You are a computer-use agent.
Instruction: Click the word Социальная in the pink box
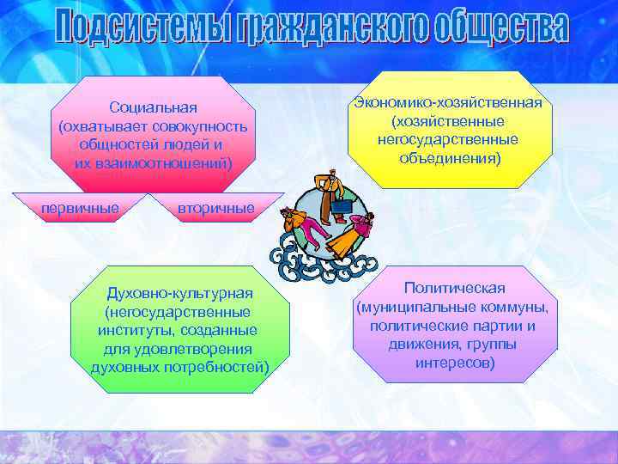pyautogui.click(x=153, y=107)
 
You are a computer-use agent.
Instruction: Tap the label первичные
pyautogui.click(x=80, y=207)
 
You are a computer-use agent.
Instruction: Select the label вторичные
pyautogui.click(x=215, y=208)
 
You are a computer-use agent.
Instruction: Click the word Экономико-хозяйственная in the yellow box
pyautogui.click(x=447, y=103)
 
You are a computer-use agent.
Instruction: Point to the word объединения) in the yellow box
pyautogui.click(x=447, y=159)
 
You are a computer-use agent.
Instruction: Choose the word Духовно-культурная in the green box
pyautogui.click(x=179, y=294)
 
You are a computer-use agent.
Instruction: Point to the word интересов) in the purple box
pyautogui.click(x=454, y=363)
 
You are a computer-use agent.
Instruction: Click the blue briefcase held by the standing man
pyautogui.click(x=342, y=207)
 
